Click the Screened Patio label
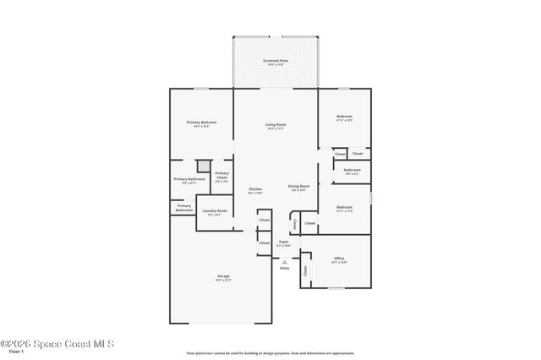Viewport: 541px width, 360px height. pos(276,61)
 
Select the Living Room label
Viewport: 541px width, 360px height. pos(276,125)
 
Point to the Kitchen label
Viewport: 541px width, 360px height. pos(255,189)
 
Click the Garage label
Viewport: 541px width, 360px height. pos(224,276)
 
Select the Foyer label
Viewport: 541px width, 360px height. pos(283,242)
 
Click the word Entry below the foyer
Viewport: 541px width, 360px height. pos(284,268)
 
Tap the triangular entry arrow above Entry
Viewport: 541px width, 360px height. pos(284,262)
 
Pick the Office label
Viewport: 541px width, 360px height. pos(339,259)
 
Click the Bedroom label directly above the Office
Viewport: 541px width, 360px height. pos(344,207)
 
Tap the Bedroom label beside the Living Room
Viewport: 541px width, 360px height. pos(344,117)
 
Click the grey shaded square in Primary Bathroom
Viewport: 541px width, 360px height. pos(203,166)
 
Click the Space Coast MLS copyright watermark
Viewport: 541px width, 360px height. pos(57,343)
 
